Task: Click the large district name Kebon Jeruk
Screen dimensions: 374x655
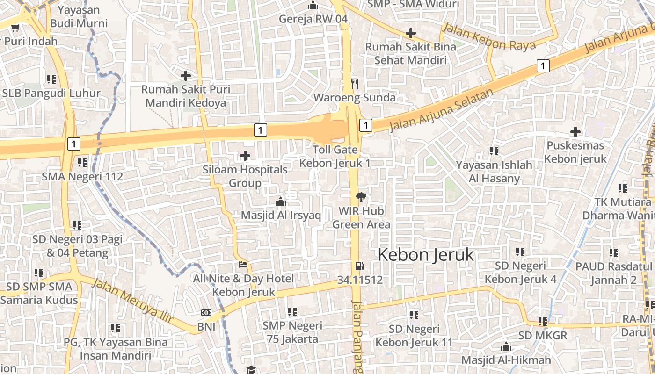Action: (x=426, y=255)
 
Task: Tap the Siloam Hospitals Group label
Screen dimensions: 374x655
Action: (x=245, y=176)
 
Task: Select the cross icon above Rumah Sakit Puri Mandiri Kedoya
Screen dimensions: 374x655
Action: (x=186, y=75)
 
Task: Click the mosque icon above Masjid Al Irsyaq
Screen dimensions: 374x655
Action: (x=281, y=201)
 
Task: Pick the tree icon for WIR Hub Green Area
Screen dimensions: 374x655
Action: (x=361, y=197)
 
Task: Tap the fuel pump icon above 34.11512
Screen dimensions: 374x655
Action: (x=359, y=266)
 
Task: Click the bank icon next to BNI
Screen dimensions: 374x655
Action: (x=206, y=313)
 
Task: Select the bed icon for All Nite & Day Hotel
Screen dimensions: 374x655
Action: (x=243, y=265)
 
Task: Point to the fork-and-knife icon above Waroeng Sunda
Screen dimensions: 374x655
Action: (x=355, y=84)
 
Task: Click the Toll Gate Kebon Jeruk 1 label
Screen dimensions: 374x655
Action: (x=335, y=157)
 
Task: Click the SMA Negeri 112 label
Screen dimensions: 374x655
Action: (x=82, y=177)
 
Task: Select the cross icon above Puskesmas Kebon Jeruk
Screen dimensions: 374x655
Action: (x=575, y=132)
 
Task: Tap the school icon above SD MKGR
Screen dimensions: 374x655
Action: (x=543, y=322)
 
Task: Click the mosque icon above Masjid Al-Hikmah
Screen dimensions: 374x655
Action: (x=506, y=347)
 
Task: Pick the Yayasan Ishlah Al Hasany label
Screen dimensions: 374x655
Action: (x=495, y=172)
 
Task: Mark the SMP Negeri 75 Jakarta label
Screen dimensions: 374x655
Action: (x=292, y=332)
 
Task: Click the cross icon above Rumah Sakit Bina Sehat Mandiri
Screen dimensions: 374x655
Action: (x=411, y=33)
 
